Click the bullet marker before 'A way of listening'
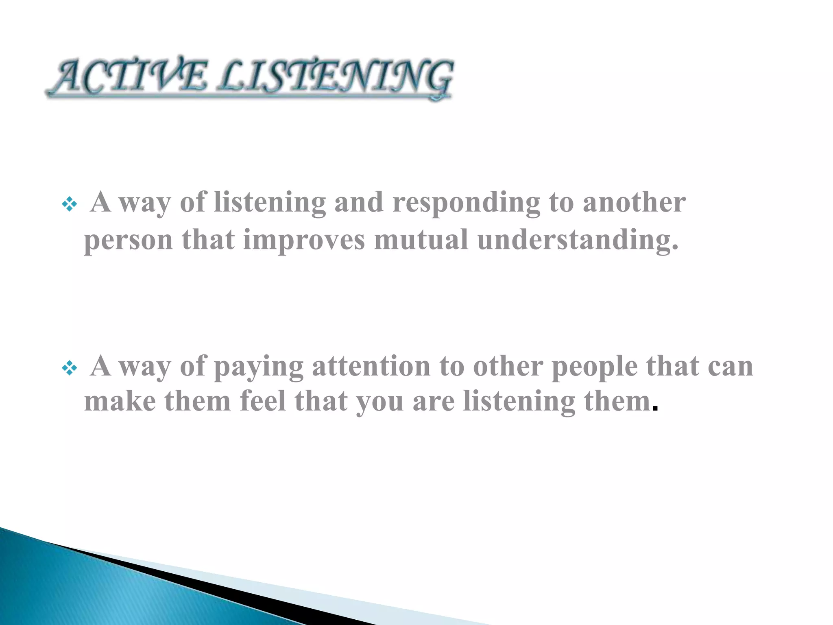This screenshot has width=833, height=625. pos(69,204)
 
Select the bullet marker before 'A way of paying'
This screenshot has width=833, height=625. pos(69,368)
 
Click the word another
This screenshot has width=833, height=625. pos(634,202)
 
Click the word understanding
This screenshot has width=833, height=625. pos(578,240)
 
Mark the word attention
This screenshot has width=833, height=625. pos(371,366)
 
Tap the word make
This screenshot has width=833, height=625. pos(120,401)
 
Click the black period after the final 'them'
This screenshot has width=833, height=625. pos(654,409)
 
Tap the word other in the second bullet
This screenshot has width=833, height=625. pos(508,366)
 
